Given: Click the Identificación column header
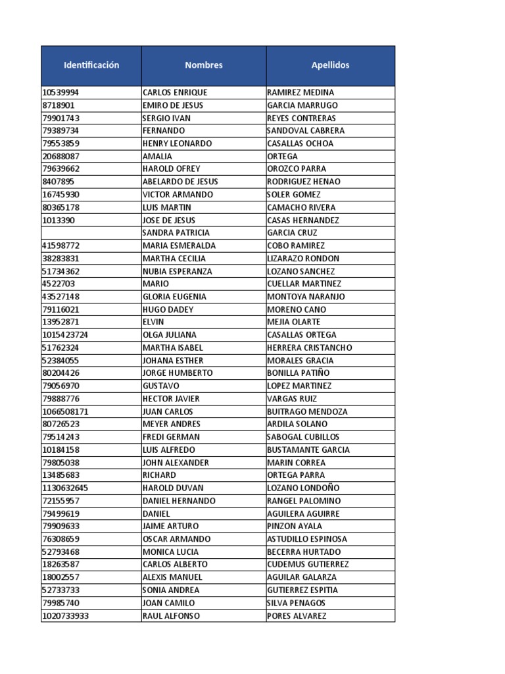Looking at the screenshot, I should click(91, 65).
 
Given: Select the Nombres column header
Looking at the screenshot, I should click(204, 65).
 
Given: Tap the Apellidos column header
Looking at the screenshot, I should click(330, 65).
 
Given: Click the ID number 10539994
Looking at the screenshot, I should click(61, 92).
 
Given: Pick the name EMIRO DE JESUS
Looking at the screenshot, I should click(173, 105).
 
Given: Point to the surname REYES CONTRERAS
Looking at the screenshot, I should click(301, 118).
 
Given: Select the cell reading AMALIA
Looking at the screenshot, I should click(157, 156).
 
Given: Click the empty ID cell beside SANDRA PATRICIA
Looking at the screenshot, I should click(91, 233).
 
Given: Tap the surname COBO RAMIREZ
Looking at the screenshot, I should click(296, 246).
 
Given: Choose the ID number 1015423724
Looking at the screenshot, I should click(65, 335).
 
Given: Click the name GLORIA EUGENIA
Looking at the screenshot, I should click(174, 297).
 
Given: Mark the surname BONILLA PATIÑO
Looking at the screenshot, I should click(299, 373).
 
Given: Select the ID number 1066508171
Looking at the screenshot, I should click(65, 411).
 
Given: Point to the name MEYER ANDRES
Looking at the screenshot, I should click(172, 424).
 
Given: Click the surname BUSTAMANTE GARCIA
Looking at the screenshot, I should click(308, 450).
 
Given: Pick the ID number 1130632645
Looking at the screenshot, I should click(65, 488).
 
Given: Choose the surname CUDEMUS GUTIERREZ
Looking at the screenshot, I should click(308, 564).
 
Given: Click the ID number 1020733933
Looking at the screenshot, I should click(65, 616).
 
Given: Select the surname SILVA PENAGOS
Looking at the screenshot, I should click(296, 603).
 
